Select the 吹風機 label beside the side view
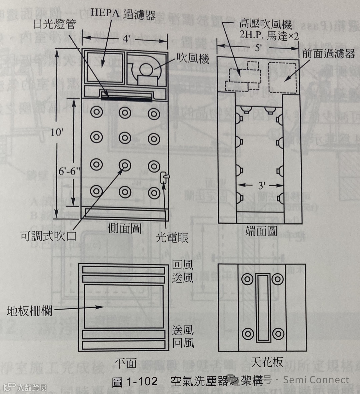[x=193, y=59]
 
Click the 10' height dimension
[x=57, y=132]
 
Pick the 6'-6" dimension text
[x=70, y=171]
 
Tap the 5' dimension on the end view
[x=259, y=48]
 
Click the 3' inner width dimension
[x=261, y=185]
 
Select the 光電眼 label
[x=172, y=237]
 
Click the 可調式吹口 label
[x=49, y=236]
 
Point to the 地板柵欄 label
[x=30, y=311]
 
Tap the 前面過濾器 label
[x=328, y=54]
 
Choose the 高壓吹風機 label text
[x=265, y=24]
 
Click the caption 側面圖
[x=124, y=229]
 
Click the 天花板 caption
[x=267, y=362]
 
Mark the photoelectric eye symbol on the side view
[x=164, y=177]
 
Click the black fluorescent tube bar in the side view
[x=127, y=98]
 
